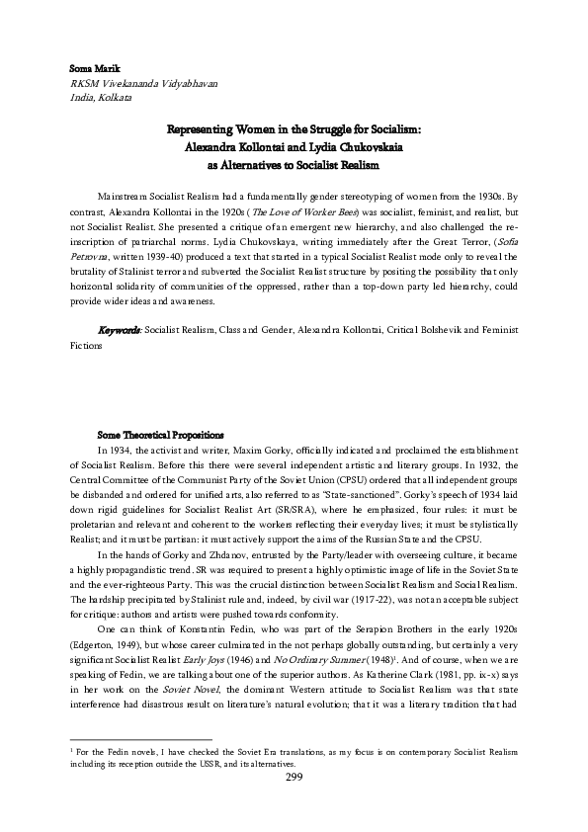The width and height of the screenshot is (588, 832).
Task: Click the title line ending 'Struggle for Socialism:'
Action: click(x=294, y=129)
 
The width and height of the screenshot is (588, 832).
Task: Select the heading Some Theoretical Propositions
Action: click(x=160, y=434)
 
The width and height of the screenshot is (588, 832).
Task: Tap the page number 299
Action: click(x=294, y=804)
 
